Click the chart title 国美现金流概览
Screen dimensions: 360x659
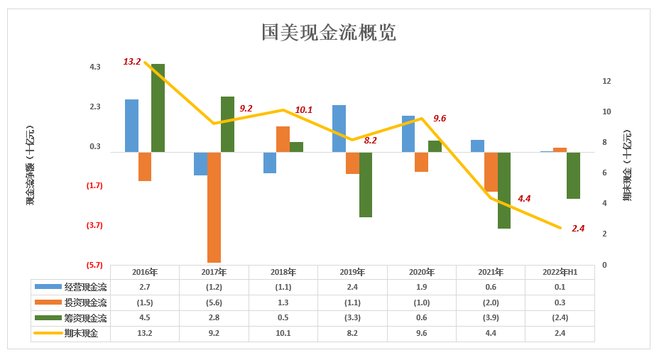[x=329, y=32]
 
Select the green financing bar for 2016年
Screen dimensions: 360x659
[x=158, y=108]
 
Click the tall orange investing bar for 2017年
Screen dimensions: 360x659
[x=214, y=207]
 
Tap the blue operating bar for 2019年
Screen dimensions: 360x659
[x=339, y=129]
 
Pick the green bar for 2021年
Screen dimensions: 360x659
[x=504, y=190]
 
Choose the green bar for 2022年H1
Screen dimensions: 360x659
[x=573, y=175]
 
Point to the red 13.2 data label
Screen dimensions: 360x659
[x=132, y=62]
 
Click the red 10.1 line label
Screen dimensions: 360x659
[x=303, y=109]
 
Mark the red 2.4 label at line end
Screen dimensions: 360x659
[x=578, y=228]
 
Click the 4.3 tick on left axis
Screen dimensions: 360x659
[x=95, y=67]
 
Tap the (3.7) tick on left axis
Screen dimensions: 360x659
[x=94, y=225]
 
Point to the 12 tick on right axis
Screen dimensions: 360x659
[x=606, y=81]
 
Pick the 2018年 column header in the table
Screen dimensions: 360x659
[x=283, y=272]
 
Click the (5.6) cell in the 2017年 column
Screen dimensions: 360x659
[x=214, y=302]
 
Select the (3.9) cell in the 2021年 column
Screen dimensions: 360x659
[x=491, y=318]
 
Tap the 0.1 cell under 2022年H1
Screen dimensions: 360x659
[x=560, y=287]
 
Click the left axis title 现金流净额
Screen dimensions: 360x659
[x=31, y=165]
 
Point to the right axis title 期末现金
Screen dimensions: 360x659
[x=627, y=165]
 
